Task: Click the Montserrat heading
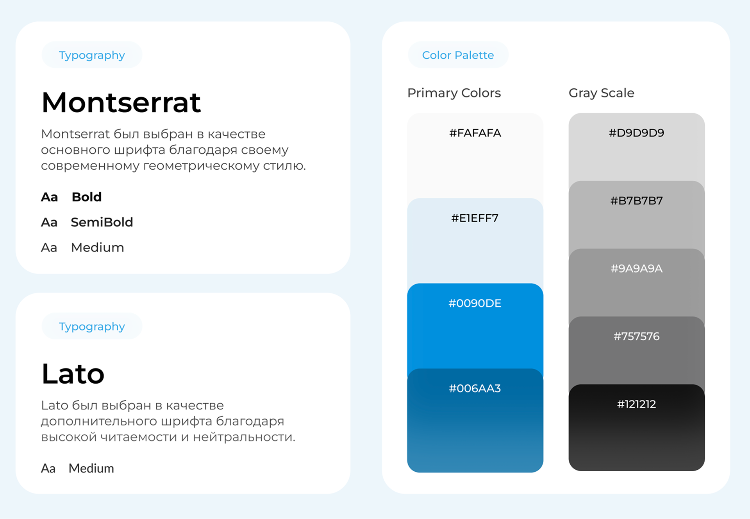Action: coord(121,102)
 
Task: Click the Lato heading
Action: coord(73,374)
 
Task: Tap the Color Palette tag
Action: coord(458,55)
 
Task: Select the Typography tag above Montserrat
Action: coord(92,55)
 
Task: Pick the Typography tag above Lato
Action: coord(92,327)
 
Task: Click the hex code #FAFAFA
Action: coord(475,133)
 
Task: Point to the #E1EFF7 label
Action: coord(475,218)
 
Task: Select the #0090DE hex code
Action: coord(475,303)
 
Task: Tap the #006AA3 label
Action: coord(475,388)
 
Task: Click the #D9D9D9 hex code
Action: coord(636,133)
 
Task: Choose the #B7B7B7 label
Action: coord(636,201)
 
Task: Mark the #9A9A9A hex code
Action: coord(636,269)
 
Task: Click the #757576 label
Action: coord(636,336)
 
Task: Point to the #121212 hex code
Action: coord(636,404)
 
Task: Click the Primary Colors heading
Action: coord(454,93)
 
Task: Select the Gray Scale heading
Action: coord(601,93)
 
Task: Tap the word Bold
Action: coord(87,197)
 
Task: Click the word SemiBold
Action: coord(102,222)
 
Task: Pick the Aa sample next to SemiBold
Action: coord(49,222)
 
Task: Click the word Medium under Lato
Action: coord(91,468)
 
